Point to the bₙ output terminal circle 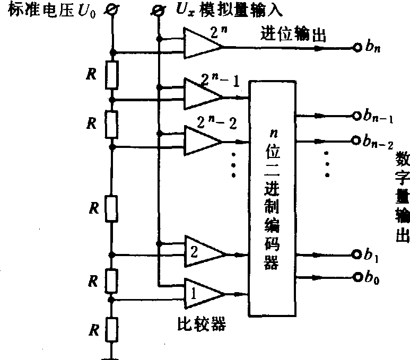[357, 48]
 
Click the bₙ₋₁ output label [378, 117]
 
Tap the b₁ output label [371, 254]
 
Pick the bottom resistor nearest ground [112, 328]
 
